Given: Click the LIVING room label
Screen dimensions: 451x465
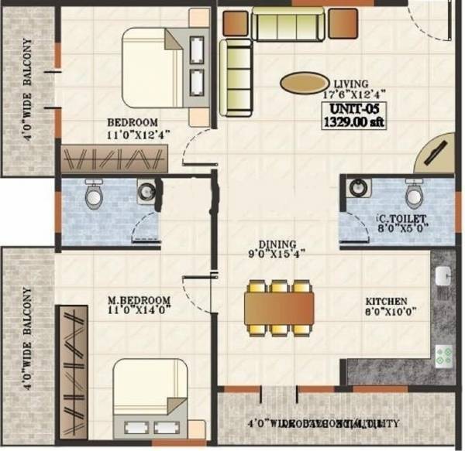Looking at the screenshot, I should pos(350,84).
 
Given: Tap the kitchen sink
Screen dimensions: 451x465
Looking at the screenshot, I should pos(443,277).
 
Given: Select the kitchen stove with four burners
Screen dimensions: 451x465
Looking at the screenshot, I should pos(445,356).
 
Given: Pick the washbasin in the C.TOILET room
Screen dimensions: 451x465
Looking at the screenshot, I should pos(357,188).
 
